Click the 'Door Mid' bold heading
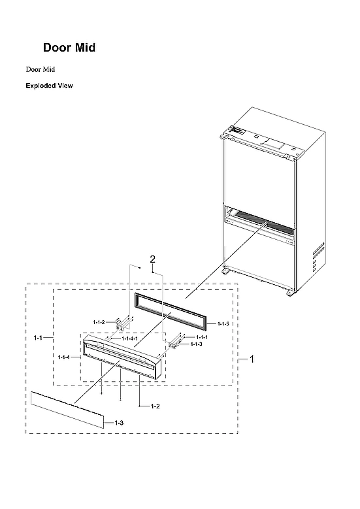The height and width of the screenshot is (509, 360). coord(70,48)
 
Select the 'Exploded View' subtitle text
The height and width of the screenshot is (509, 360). coord(49,86)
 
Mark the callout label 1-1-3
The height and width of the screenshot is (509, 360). coord(196,344)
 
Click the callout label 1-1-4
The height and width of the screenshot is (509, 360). coord(64,357)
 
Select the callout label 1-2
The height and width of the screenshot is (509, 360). coord(155,406)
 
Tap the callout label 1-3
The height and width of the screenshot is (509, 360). coord(119,423)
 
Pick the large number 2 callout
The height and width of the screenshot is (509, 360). coord(153,260)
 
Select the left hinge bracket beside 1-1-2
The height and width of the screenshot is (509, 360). coord(121,324)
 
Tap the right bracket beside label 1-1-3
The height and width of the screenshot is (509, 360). coord(175,341)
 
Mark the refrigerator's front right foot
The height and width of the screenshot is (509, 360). coord(289,291)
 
